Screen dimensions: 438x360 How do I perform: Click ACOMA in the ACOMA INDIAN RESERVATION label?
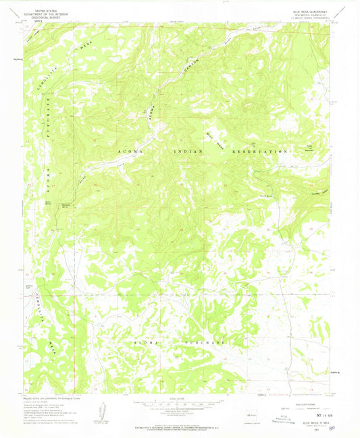[x=129, y=154]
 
